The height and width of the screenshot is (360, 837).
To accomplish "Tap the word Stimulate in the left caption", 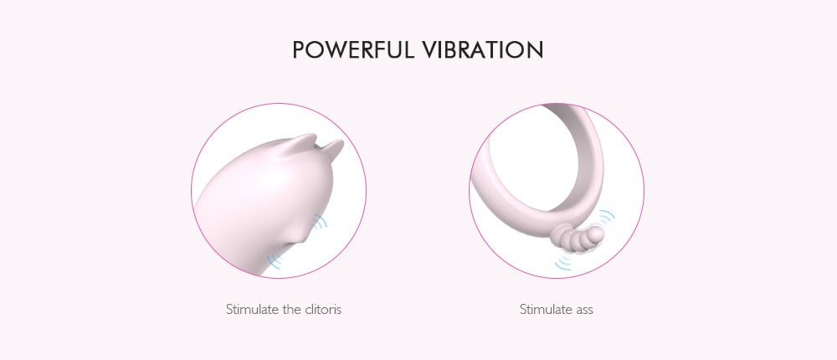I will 252,310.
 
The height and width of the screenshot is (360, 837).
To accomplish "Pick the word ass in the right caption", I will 583,310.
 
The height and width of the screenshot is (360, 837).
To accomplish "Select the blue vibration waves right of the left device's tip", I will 319,223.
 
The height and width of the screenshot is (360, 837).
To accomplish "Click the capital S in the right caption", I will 523,310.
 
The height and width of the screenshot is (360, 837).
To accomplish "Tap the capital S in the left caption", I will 229,310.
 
